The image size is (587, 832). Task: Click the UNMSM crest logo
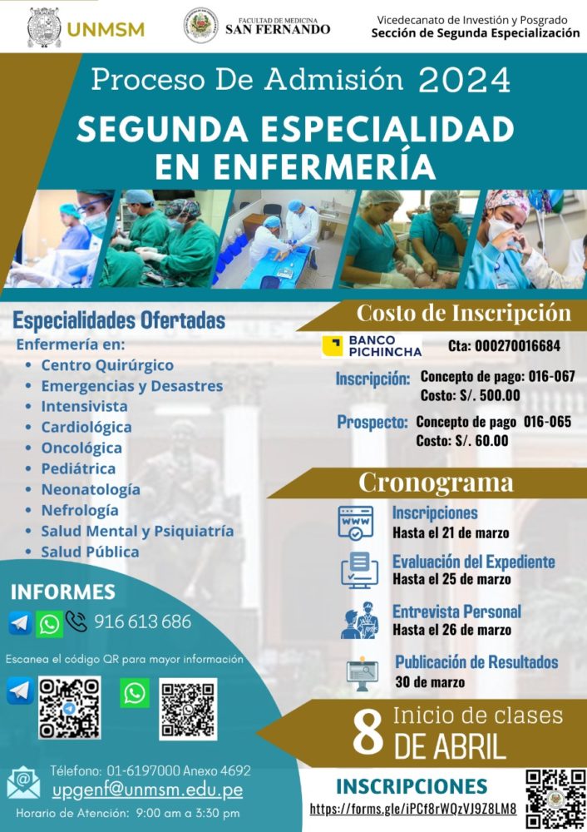[43, 27]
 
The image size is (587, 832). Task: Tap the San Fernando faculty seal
[201, 26]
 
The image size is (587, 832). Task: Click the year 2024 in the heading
[465, 81]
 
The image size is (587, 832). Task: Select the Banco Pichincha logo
[372, 345]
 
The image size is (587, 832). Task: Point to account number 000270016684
[517, 346]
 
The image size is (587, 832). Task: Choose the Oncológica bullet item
[81, 448]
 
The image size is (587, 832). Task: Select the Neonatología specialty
[91, 489]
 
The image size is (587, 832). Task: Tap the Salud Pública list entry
[90, 552]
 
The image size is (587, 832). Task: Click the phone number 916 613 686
[143, 622]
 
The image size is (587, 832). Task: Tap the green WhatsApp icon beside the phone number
[49, 623]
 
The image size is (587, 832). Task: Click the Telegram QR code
[70, 708]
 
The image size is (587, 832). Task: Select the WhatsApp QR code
[188, 708]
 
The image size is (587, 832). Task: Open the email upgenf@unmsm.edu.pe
[147, 790]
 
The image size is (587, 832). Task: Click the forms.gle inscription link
[413, 809]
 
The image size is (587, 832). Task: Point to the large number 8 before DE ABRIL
[367, 733]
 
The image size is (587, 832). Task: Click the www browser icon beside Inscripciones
[356, 522]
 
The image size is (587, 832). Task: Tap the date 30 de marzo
[430, 682]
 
